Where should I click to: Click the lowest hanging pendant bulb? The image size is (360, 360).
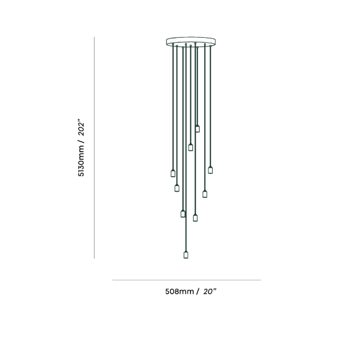(186, 255)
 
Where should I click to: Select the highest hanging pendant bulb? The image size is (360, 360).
(197, 129)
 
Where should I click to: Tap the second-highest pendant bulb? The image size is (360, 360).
(191, 147)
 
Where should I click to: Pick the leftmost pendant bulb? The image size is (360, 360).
(173, 173)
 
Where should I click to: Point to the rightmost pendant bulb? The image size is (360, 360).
(210, 170)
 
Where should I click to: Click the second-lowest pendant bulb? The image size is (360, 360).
(195, 218)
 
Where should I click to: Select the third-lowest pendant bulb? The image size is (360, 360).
(182, 214)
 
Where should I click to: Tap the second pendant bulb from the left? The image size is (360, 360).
(177, 188)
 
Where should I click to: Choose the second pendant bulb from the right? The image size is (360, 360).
(205, 194)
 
